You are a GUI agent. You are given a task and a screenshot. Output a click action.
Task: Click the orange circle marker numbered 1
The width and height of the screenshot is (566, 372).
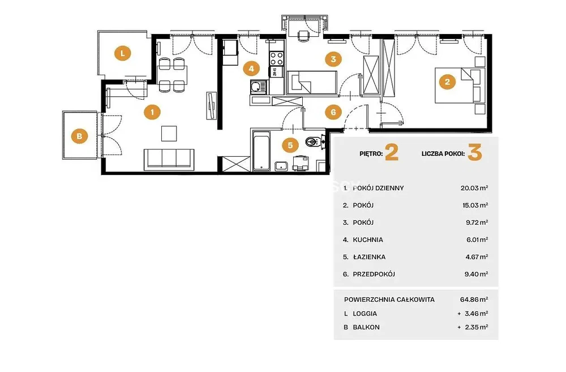point(152,112)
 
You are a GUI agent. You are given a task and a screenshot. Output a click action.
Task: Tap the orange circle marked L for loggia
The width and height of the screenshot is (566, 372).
point(123,53)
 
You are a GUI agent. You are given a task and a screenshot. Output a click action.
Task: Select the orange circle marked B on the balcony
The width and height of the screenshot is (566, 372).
point(79,136)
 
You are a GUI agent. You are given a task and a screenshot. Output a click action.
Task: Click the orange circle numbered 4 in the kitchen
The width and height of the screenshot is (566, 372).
point(251,69)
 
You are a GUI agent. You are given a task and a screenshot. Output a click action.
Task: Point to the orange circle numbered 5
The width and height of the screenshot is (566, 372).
point(290,145)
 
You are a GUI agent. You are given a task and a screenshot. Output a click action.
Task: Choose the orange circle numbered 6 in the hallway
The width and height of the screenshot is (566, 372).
point(333,112)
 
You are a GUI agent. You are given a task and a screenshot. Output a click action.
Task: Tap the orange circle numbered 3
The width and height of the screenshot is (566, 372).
point(333,59)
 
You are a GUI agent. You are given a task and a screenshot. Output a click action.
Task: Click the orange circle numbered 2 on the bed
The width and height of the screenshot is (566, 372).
point(447,82)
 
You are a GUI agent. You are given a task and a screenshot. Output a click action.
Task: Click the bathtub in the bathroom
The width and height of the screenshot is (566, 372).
point(261,151)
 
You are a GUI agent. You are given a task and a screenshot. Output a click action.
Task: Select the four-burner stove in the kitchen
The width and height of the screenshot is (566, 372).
point(277,58)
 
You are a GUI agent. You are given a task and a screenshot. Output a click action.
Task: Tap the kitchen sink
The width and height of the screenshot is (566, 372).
point(259,87)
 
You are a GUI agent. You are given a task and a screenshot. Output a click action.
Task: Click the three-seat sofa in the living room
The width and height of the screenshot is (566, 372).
point(169,159)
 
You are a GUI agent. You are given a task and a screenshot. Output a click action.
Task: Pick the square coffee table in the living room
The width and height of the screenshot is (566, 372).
point(169,133)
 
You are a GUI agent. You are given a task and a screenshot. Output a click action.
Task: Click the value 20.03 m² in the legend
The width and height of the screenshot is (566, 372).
point(474,188)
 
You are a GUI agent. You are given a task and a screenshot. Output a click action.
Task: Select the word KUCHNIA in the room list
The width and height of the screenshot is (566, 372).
point(368,240)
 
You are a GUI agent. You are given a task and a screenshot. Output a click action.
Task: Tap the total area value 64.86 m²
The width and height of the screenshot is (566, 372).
point(474,300)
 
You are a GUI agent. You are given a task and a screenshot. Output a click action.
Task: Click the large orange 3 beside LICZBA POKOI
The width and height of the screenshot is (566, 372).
point(475,152)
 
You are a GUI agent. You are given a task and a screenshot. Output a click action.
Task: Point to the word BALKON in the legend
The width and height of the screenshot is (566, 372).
point(366,328)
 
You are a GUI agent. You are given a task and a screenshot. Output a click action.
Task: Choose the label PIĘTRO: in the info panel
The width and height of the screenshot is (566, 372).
point(371,153)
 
